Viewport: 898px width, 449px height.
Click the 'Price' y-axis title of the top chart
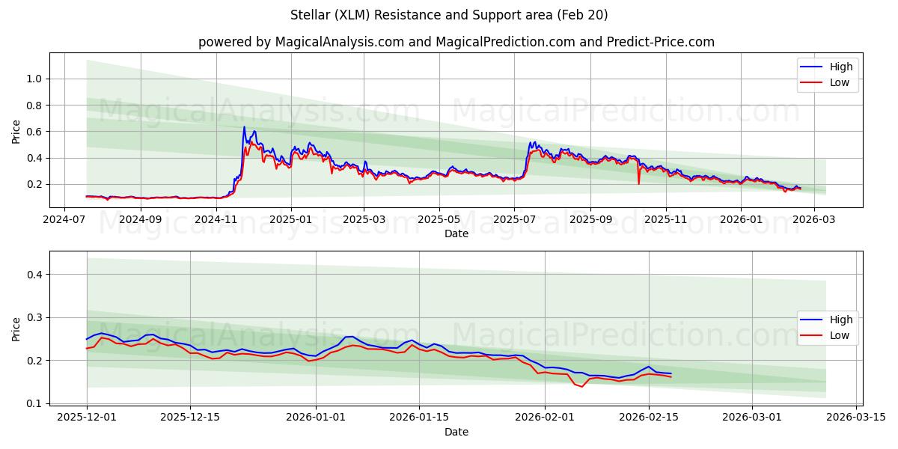[16, 132]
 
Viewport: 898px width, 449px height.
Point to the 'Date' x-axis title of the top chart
[456, 233]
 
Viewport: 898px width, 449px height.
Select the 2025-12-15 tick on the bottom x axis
[190, 418]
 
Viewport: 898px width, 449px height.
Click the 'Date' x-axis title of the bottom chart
[456, 432]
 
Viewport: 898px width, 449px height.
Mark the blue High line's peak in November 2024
[244, 126]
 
